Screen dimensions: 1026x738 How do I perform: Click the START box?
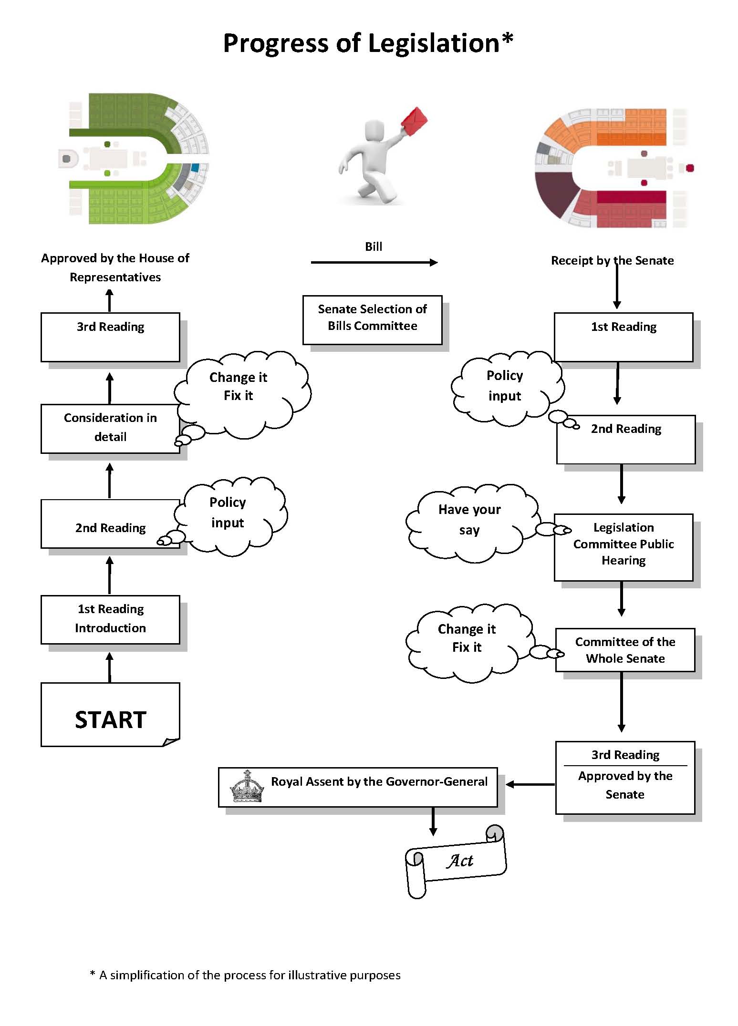(110, 714)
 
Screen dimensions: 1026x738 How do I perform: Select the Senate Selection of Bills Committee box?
(372, 319)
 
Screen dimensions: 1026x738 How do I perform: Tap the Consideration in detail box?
(110, 428)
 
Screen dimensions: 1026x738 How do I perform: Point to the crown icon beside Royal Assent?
(247, 787)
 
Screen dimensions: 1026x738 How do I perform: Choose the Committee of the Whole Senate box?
(625, 650)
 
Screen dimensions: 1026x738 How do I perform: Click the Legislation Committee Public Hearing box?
(623, 547)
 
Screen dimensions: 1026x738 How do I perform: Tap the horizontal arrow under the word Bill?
(374, 262)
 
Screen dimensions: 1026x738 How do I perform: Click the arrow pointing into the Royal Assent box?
(530, 784)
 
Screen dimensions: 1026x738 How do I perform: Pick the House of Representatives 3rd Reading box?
(110, 337)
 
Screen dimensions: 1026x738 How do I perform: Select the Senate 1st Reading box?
(623, 337)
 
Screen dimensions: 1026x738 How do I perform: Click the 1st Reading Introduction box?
(110, 619)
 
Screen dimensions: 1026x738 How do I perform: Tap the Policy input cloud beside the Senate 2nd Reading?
(506, 387)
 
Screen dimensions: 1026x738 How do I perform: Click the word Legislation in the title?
(433, 43)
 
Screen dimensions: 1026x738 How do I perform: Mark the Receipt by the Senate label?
(612, 261)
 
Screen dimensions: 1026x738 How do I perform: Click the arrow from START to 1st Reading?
(110, 667)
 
